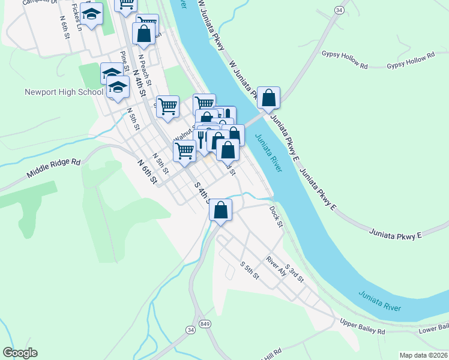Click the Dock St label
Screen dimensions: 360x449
tap(276, 217)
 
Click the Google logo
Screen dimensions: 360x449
tap(20, 353)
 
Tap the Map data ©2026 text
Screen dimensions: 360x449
tap(423, 355)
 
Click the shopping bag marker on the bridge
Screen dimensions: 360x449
tap(269, 98)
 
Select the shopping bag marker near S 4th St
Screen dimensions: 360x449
tap(221, 211)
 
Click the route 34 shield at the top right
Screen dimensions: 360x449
tap(339, 10)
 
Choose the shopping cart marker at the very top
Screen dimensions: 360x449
tap(126, 5)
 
